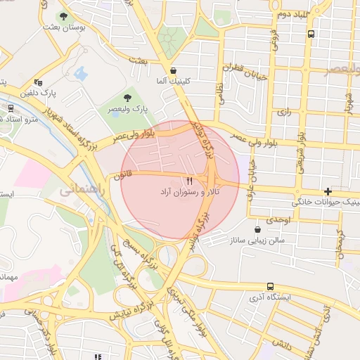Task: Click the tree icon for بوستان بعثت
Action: [x=64, y=15]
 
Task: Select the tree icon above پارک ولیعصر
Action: [x=127, y=98]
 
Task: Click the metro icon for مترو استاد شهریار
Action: [x=11, y=108]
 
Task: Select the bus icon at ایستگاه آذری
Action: [x=271, y=286]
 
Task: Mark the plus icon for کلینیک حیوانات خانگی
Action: [x=328, y=192]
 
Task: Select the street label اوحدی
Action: [x=278, y=220]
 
